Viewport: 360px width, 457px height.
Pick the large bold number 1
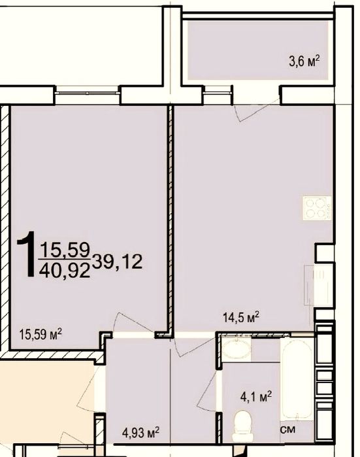(x=25, y=255)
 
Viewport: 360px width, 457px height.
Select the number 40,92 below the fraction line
(x=65, y=269)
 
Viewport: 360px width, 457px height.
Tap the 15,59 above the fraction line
(x=65, y=249)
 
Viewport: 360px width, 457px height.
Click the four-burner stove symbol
(x=317, y=207)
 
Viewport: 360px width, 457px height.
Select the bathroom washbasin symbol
(x=235, y=349)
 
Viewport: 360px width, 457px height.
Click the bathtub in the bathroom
(x=297, y=376)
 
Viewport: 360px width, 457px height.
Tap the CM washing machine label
(x=287, y=431)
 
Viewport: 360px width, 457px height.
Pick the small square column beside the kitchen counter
(x=324, y=252)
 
